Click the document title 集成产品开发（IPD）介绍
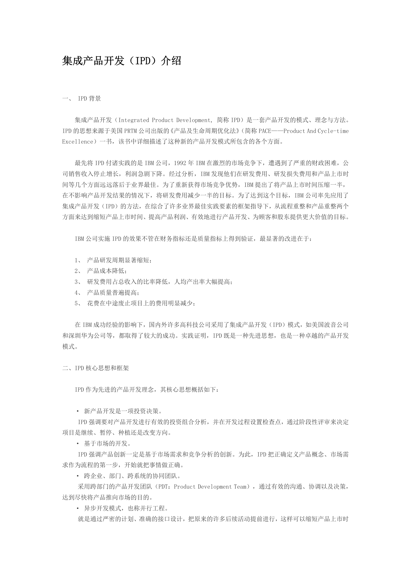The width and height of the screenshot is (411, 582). [x=121, y=61]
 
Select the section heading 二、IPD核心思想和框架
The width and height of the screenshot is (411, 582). [x=96, y=368]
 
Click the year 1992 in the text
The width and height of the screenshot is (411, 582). [x=181, y=163]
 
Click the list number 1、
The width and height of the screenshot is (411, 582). [x=78, y=260]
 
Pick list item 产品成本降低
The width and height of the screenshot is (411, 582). [x=106, y=271]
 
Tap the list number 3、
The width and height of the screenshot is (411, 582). [x=78, y=282]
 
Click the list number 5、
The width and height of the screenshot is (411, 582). [x=78, y=303]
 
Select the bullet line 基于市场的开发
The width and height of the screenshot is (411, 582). [x=106, y=444]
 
